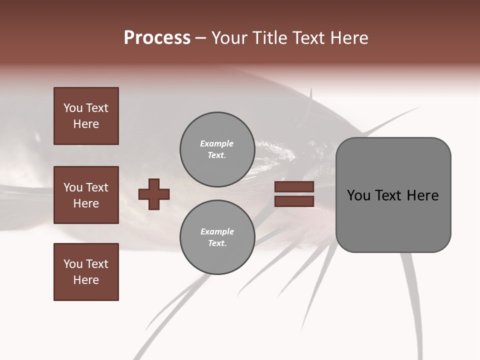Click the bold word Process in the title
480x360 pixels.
157,38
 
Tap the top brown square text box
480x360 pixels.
86,116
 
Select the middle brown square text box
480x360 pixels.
86,195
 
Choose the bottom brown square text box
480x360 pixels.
86,272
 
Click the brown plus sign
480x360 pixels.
154,194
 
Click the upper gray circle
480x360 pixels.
217,149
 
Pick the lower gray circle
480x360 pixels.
217,237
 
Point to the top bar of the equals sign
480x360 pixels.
294,187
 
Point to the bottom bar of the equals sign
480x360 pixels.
294,201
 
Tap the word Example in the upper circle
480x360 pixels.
216,143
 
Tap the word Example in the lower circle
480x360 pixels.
217,231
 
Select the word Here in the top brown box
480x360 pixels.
86,124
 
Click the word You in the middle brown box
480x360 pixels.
72,187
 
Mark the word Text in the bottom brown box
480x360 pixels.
97,264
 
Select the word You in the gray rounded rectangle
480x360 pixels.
358,195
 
